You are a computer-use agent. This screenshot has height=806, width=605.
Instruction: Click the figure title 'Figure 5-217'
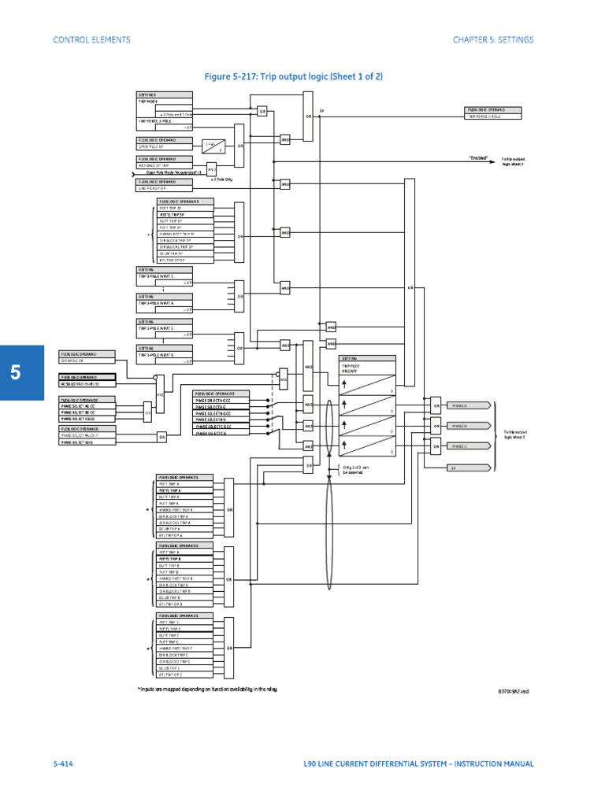pos(293,76)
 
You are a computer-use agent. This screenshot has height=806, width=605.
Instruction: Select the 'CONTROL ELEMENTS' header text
pos(91,39)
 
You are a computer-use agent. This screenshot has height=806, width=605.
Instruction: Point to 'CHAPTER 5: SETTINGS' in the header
pos(492,39)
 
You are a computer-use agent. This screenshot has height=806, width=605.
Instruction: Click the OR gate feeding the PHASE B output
pos(436,426)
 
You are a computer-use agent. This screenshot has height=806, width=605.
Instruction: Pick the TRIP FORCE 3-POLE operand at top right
pos(493,116)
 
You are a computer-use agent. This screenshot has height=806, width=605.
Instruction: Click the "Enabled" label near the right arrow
pos(479,158)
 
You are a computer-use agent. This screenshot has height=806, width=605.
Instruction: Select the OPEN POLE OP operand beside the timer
pos(165,146)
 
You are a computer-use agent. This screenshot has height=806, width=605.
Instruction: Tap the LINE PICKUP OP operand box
pos(165,189)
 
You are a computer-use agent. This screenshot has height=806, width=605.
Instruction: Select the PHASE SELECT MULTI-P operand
pos(87,434)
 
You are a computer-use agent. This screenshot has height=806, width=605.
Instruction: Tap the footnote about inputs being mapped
pos(207,689)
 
